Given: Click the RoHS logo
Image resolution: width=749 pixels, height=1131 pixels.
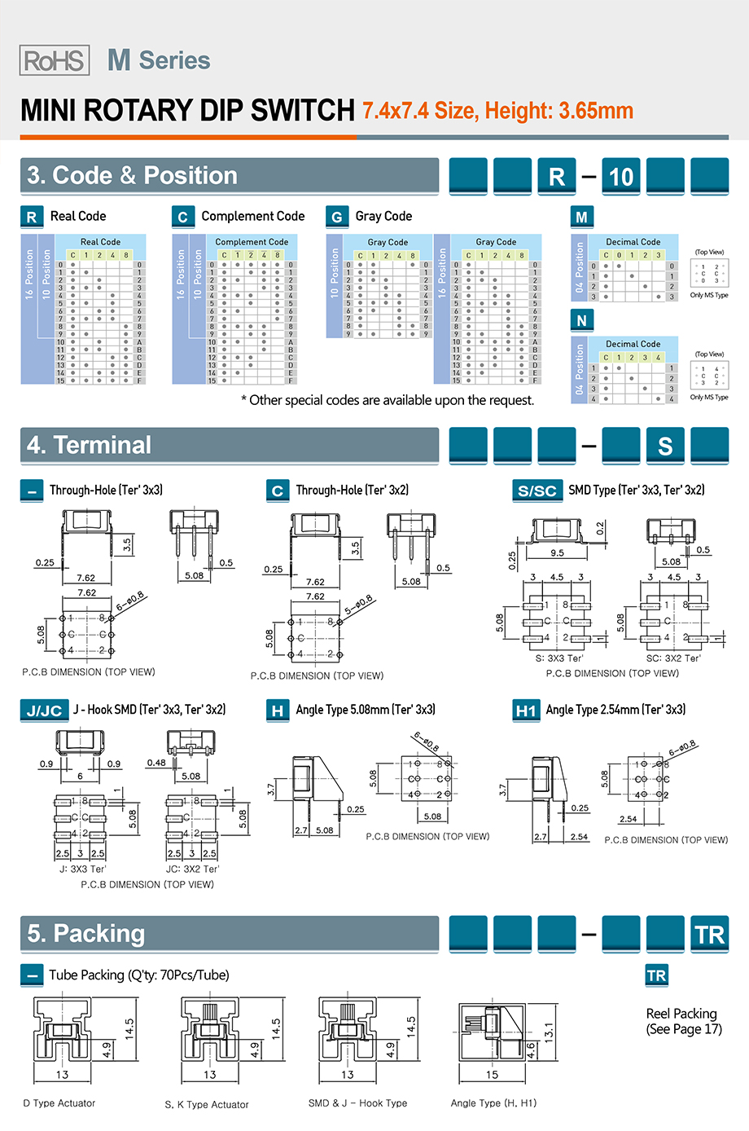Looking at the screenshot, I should pyautogui.click(x=55, y=60).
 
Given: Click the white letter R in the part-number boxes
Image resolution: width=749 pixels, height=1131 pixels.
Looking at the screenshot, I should pyautogui.click(x=557, y=177).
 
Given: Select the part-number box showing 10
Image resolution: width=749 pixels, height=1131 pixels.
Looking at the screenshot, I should pyautogui.click(x=621, y=177).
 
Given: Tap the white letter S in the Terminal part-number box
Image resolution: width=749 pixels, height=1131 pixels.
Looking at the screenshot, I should pyautogui.click(x=665, y=446).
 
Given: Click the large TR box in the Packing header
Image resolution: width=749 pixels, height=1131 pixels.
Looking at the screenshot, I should pyautogui.click(x=709, y=935).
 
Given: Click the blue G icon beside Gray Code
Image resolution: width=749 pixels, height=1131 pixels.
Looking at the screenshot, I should pyautogui.click(x=336, y=217).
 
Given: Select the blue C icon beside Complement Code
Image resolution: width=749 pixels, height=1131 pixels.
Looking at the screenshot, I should pyautogui.click(x=182, y=217).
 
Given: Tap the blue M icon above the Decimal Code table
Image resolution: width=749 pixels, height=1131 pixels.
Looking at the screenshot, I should pyautogui.click(x=581, y=217).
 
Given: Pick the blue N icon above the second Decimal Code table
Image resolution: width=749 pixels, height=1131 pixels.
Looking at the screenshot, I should pyautogui.click(x=581, y=320).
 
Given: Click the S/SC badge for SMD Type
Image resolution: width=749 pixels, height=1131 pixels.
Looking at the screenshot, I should pyautogui.click(x=537, y=491).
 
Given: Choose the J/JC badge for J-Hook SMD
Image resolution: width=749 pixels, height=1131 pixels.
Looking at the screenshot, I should pyautogui.click(x=44, y=711).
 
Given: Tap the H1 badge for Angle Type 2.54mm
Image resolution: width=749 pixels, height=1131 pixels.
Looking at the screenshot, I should pyautogui.click(x=525, y=711).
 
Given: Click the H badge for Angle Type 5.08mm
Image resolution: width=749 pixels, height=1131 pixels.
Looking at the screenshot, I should pyautogui.click(x=278, y=711).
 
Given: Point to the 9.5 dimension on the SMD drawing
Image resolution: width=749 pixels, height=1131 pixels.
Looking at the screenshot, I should pyautogui.click(x=557, y=552).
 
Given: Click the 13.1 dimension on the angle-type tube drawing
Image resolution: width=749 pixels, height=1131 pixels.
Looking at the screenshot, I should pyautogui.click(x=549, y=1032).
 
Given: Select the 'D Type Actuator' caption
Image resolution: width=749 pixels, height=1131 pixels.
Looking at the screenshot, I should pyautogui.click(x=59, y=1103).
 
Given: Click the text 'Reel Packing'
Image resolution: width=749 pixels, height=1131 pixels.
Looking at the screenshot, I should pyautogui.click(x=681, y=1014).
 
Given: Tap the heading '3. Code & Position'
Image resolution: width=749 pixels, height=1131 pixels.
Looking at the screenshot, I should pyautogui.click(x=133, y=176).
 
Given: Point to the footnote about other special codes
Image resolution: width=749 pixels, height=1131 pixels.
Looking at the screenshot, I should pyautogui.click(x=388, y=400).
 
